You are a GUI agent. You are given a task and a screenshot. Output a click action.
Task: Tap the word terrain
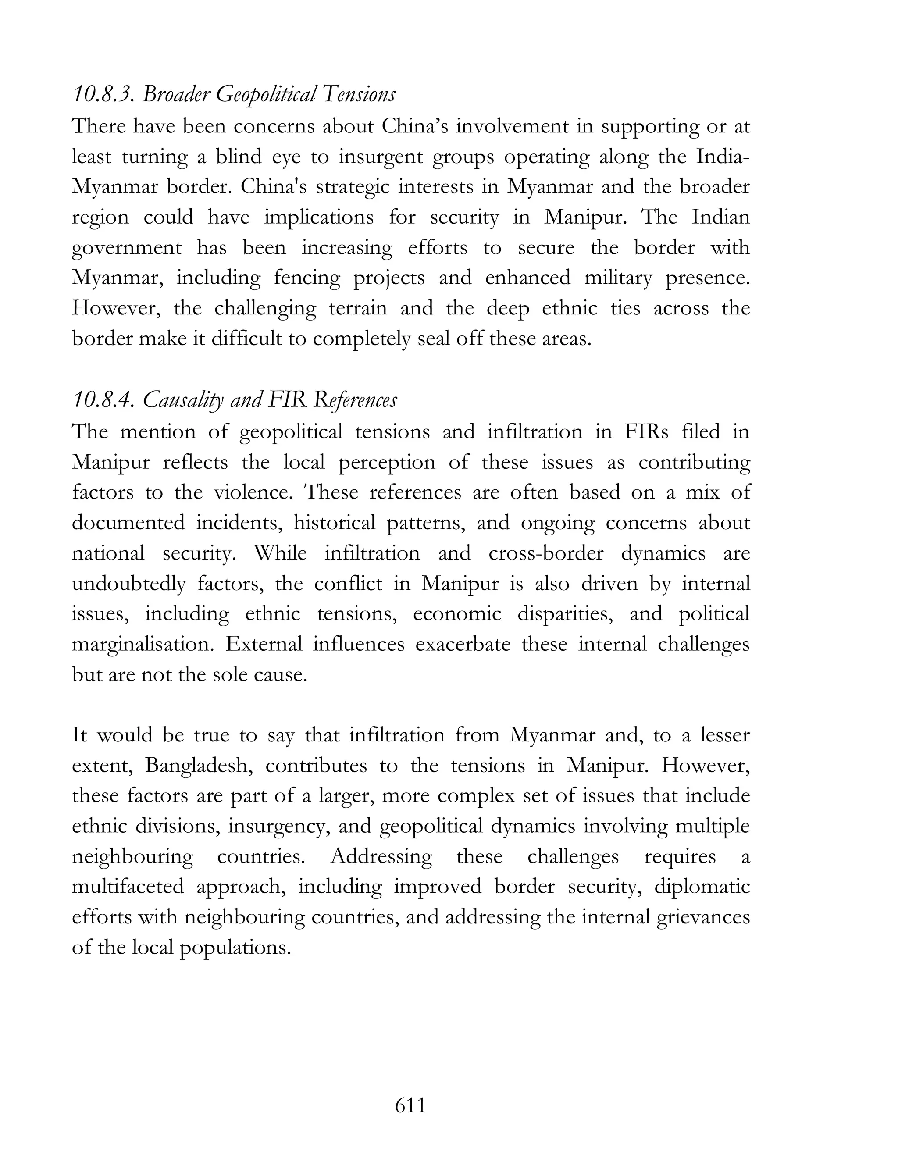pos(357,309)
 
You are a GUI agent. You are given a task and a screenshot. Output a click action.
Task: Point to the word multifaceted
pos(128,888)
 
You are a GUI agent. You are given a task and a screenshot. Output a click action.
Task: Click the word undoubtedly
pos(128,584)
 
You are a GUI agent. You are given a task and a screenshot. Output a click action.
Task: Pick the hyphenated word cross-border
pos(546,554)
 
